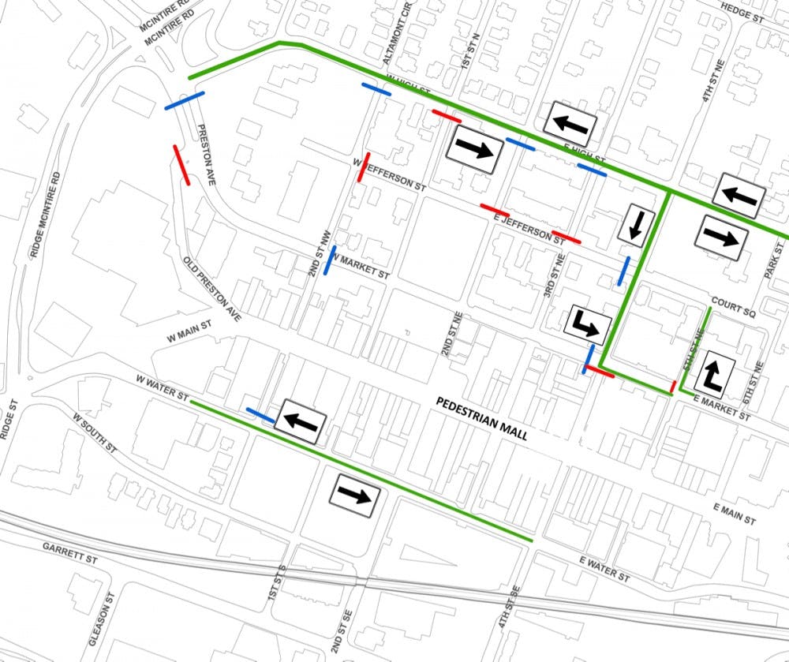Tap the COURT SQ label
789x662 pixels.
click(733, 307)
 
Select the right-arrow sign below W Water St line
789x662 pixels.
click(354, 496)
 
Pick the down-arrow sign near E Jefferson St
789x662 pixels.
click(635, 224)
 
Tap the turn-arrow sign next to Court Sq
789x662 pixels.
click(715, 372)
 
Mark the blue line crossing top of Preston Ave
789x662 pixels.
click(185, 101)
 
